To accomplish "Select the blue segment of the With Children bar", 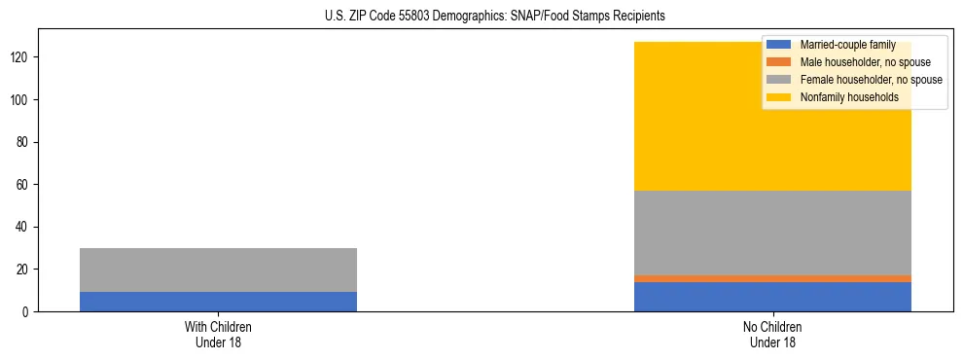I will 218,302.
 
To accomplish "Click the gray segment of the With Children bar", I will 218,270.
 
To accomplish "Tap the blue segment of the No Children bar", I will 772,297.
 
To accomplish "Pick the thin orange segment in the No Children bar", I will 772,278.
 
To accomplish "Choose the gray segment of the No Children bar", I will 772,233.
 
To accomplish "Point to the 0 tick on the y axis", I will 26,311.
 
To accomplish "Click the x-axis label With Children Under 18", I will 218,334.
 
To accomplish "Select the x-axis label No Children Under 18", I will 772,334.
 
